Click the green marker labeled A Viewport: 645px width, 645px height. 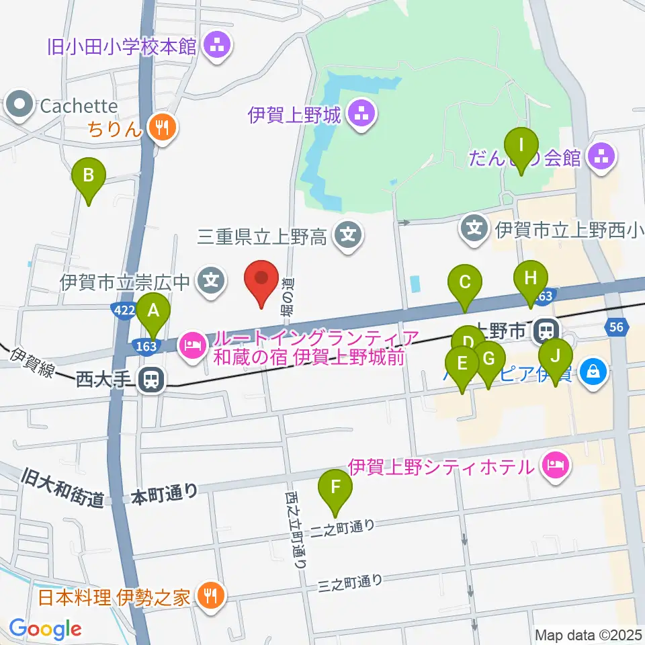(x=153, y=311)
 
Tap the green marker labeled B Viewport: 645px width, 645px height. (x=89, y=176)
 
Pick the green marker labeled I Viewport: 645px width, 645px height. (x=521, y=145)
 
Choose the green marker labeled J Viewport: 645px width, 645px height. (x=555, y=356)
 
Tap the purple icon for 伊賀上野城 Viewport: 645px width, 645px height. (x=362, y=115)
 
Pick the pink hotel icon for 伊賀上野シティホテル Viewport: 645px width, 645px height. (x=555, y=465)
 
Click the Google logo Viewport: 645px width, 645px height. (x=45, y=630)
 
